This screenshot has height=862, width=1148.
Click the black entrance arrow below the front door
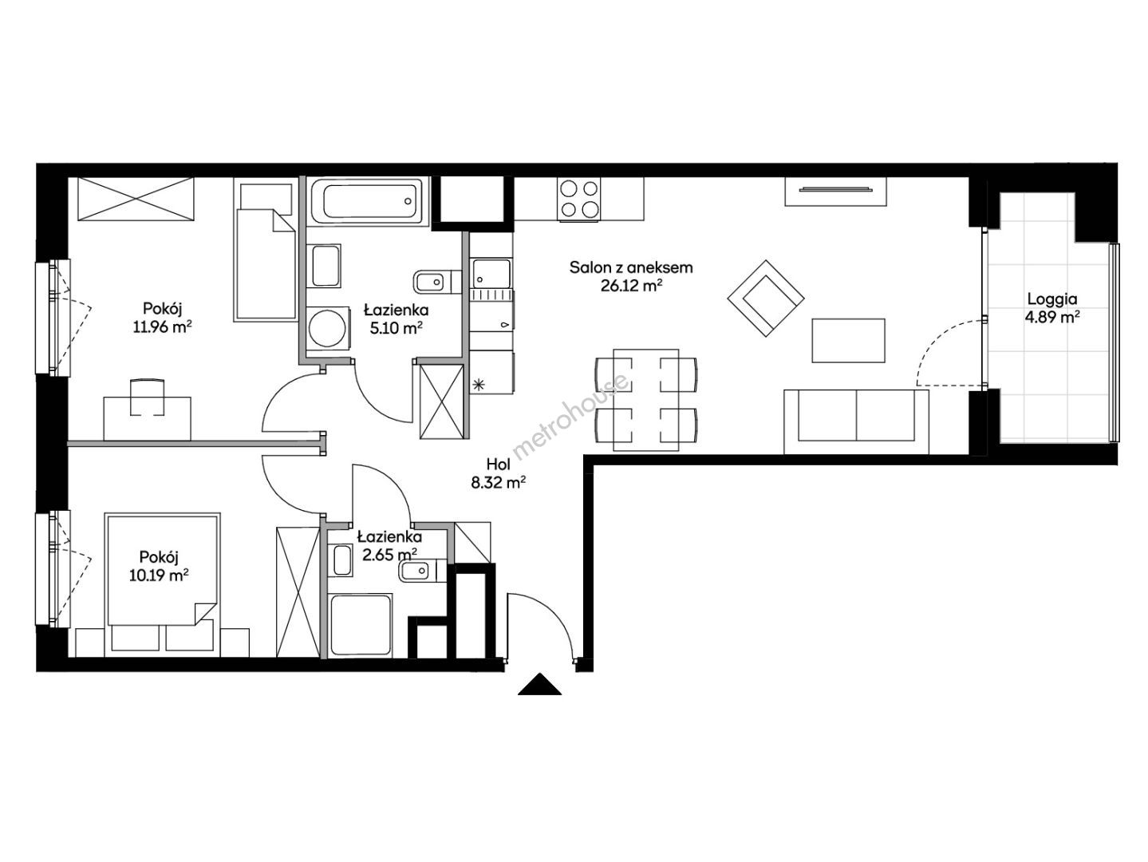[x=539, y=685]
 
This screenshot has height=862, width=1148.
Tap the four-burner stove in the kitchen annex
[x=579, y=199]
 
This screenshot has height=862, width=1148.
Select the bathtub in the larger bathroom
[x=367, y=201]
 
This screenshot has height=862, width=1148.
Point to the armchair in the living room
[x=766, y=299]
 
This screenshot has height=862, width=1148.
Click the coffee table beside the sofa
[x=848, y=341]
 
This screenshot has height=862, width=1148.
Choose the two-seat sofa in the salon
[x=856, y=421]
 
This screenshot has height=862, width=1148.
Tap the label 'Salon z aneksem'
[x=631, y=268]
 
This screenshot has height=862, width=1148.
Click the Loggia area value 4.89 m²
[x=1052, y=318]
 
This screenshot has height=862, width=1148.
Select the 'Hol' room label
[x=498, y=464]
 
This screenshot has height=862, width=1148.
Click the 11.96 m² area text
[x=162, y=327]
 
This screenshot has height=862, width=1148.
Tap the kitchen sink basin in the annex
[x=491, y=272]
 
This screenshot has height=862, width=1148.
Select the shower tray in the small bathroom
[x=361, y=625]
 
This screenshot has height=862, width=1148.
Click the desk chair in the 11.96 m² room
[x=147, y=397]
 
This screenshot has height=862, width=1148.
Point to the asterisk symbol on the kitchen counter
[x=478, y=385]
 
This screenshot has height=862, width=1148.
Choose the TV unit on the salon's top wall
[x=836, y=191]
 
